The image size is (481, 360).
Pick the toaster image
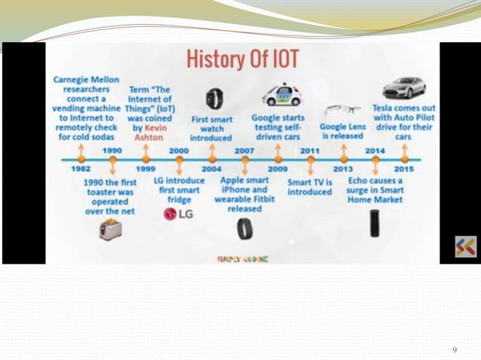(x=111, y=228)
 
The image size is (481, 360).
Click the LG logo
(x=179, y=214)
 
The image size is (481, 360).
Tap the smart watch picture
(x=214, y=98)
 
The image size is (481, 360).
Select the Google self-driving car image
(x=281, y=95)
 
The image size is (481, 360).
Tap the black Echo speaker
(x=375, y=224)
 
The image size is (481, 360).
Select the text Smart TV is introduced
(x=310, y=186)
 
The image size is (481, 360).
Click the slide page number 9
(x=454, y=349)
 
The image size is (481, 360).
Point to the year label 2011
(x=310, y=151)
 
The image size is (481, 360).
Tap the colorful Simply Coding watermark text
(x=243, y=258)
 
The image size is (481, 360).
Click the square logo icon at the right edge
(x=465, y=246)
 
